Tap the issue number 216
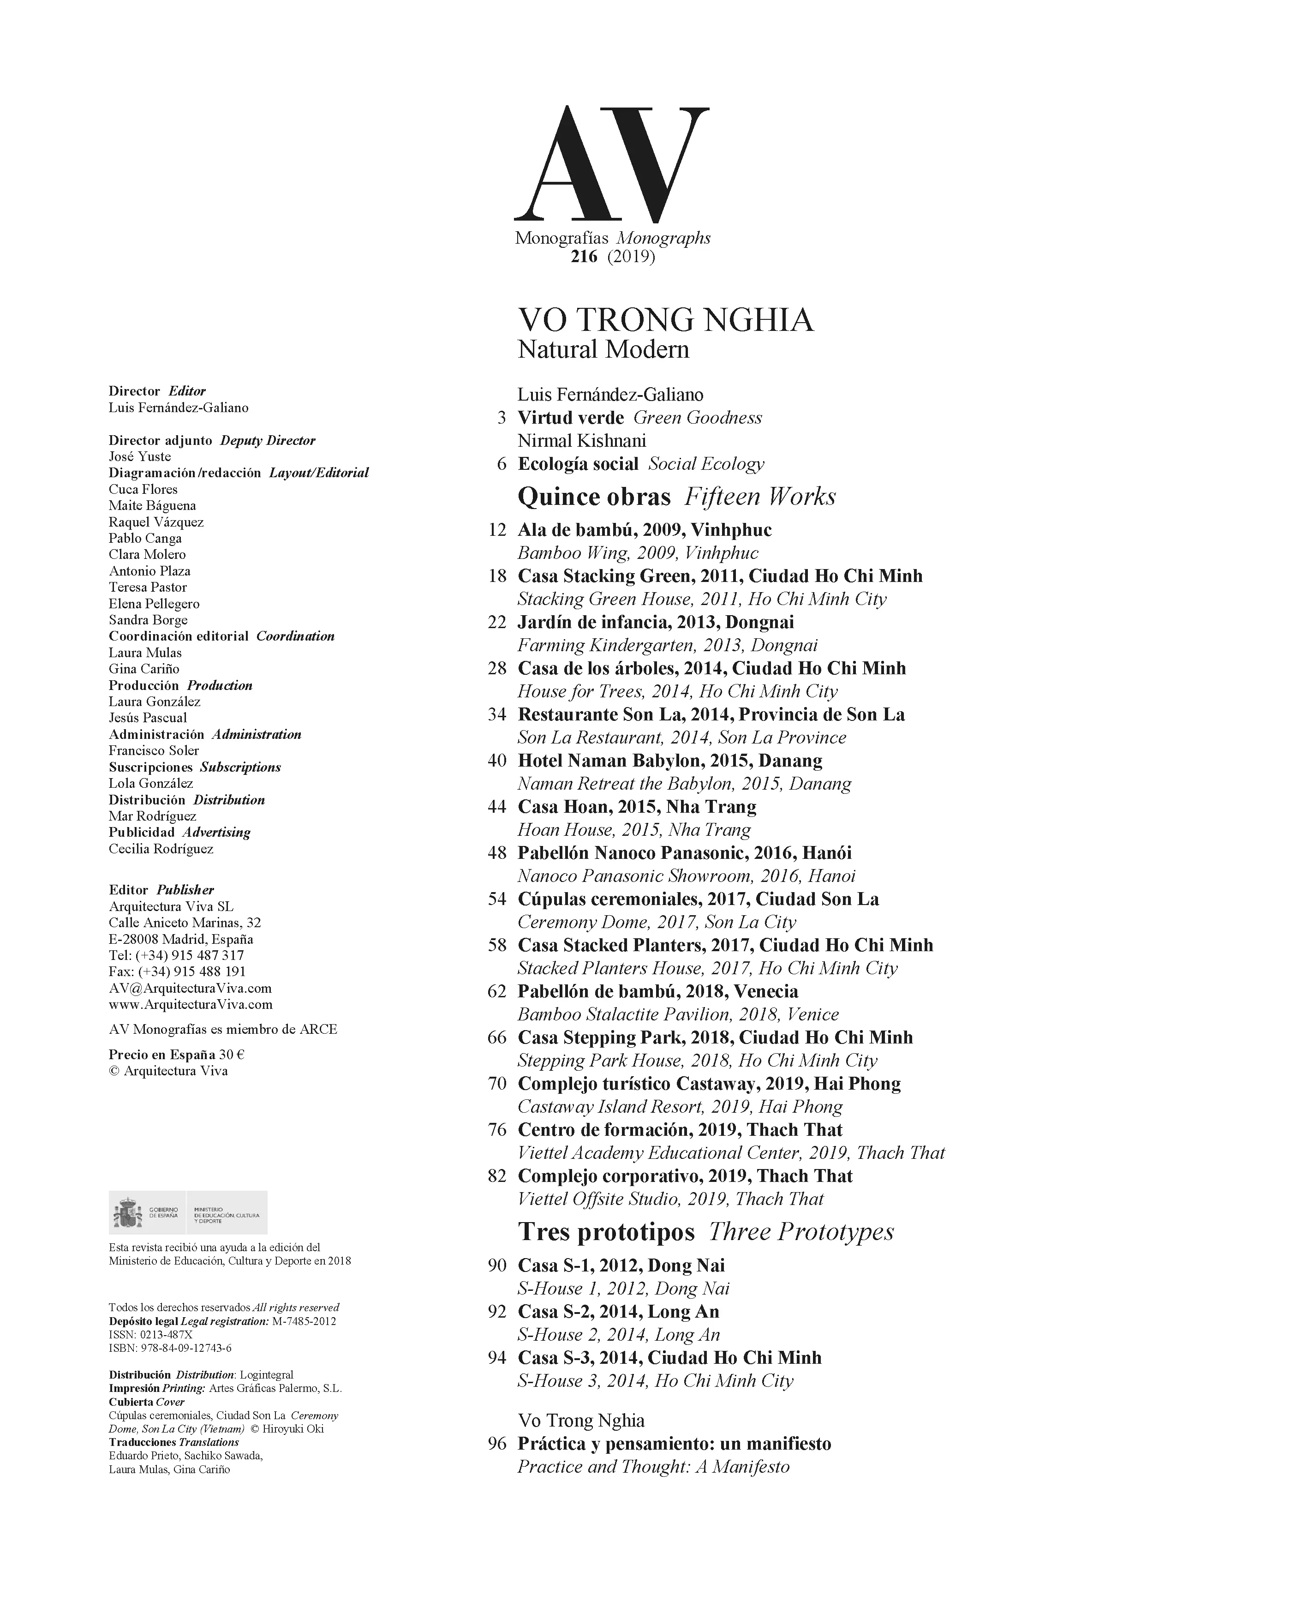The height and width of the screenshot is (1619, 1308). pos(584,257)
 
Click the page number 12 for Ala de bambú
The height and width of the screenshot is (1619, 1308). pos(497,530)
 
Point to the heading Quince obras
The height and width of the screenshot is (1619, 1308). pos(594,497)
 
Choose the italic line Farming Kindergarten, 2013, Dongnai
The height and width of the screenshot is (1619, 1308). pos(667,645)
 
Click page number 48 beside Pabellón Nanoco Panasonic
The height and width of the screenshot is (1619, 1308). pos(497,853)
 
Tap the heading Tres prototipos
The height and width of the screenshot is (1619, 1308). pos(606,1232)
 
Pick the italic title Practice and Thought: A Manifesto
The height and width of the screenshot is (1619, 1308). pos(653,1467)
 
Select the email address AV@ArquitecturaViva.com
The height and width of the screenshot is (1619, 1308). pos(190,988)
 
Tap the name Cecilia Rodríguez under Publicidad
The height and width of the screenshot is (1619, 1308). pos(161,849)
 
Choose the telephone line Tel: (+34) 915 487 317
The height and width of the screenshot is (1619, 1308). pos(176,955)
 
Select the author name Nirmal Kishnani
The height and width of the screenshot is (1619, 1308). pos(582,440)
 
